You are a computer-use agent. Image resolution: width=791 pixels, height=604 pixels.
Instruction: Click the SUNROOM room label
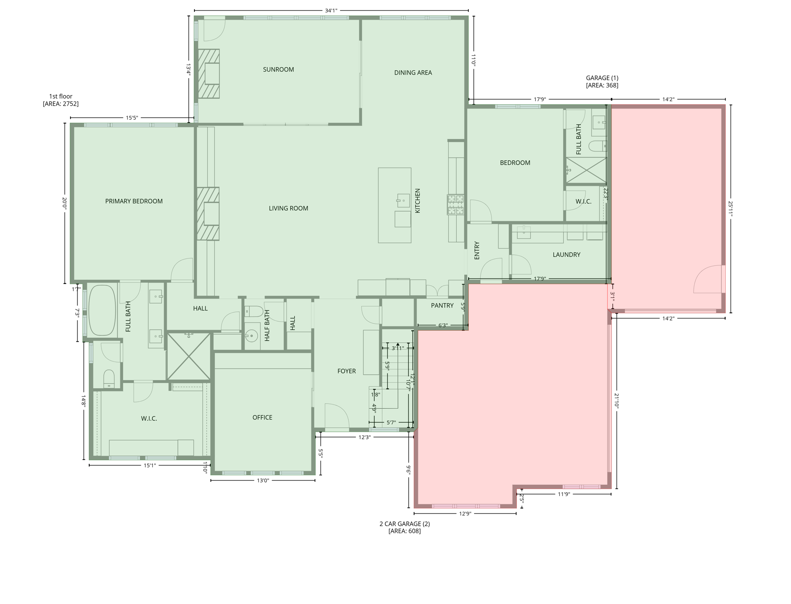click(x=278, y=70)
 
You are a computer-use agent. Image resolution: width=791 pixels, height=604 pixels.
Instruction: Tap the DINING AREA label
click(x=413, y=73)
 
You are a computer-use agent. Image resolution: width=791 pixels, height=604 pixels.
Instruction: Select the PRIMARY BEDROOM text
click(x=134, y=201)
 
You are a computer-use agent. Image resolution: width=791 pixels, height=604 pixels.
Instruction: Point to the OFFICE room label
click(x=262, y=418)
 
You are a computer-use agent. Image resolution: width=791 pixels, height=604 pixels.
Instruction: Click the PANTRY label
click(x=442, y=306)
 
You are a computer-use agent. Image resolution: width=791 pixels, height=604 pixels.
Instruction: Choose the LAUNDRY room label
click(x=566, y=255)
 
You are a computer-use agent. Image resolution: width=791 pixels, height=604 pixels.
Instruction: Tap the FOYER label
click(x=346, y=371)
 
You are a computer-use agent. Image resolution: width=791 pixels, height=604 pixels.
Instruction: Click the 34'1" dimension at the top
click(x=331, y=11)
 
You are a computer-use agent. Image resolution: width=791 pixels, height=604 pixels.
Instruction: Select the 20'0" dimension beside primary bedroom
click(x=65, y=203)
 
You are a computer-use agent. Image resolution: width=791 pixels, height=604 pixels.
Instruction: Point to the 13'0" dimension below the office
click(x=262, y=481)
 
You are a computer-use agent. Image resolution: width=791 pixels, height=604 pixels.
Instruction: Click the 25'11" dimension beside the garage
click(x=730, y=209)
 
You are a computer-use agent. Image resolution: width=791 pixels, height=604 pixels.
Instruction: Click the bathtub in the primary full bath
click(x=102, y=310)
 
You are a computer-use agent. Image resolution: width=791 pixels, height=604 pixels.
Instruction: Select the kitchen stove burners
click(x=455, y=204)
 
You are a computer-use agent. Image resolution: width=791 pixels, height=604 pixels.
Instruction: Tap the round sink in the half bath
click(x=251, y=336)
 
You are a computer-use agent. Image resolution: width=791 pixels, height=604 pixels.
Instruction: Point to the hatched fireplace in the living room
click(x=208, y=214)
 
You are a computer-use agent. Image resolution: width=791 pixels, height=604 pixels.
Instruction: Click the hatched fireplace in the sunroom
click(x=209, y=74)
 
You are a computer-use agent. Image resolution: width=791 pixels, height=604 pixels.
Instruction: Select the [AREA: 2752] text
click(x=61, y=104)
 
